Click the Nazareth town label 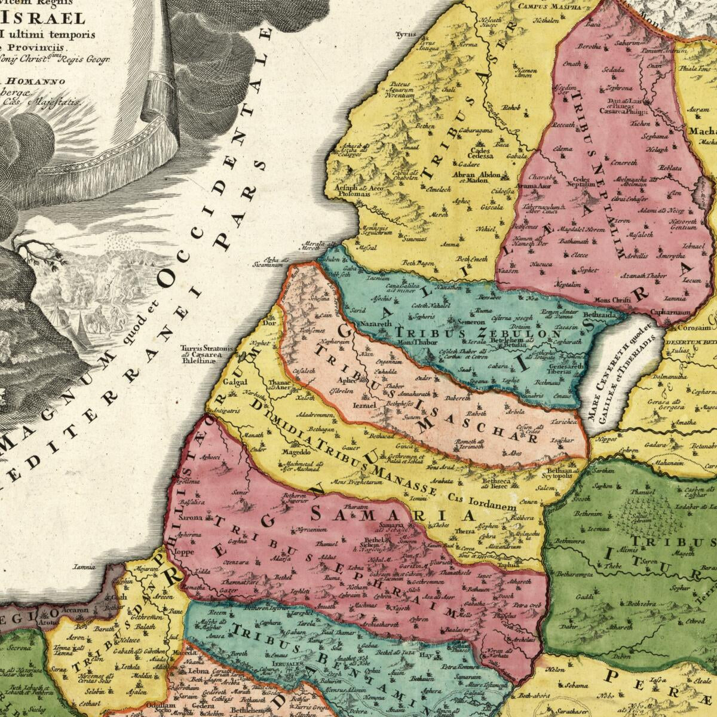[375, 323]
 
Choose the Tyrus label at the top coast [406, 35]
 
